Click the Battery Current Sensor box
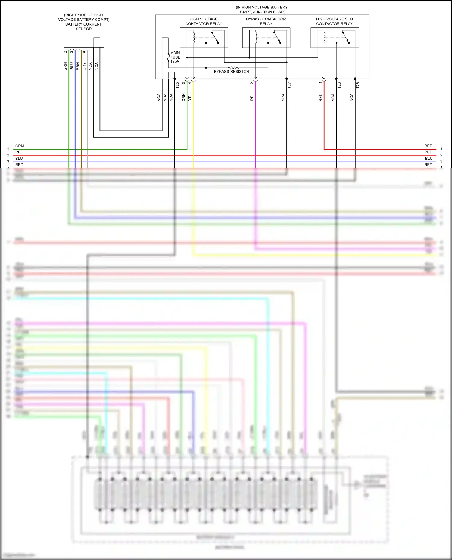(x=84, y=39)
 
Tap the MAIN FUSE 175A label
(x=175, y=57)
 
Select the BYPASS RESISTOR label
(x=231, y=72)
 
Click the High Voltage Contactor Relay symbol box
(x=204, y=38)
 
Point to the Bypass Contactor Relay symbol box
(x=266, y=38)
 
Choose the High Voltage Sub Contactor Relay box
(x=334, y=38)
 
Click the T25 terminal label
(x=177, y=85)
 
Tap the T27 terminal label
(x=289, y=85)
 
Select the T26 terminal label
(x=339, y=85)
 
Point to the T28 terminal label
(x=358, y=85)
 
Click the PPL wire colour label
(x=252, y=97)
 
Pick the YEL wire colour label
(x=190, y=97)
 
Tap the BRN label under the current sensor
(x=78, y=66)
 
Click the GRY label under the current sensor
(x=84, y=66)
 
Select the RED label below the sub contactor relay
(x=320, y=97)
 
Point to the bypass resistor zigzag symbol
(x=234, y=68)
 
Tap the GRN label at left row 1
(x=19, y=146)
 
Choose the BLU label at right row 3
(x=429, y=159)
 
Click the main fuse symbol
(x=168, y=57)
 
